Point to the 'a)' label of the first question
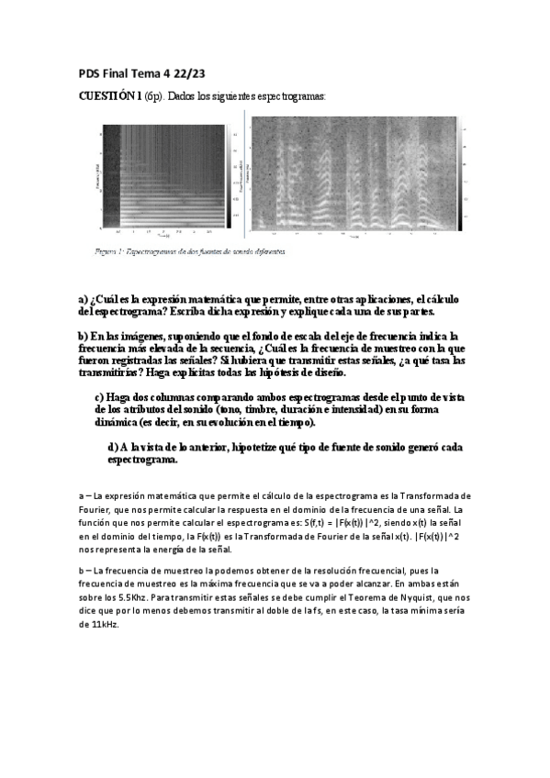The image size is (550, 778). click(x=83, y=299)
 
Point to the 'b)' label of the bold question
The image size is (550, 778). click(x=83, y=337)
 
